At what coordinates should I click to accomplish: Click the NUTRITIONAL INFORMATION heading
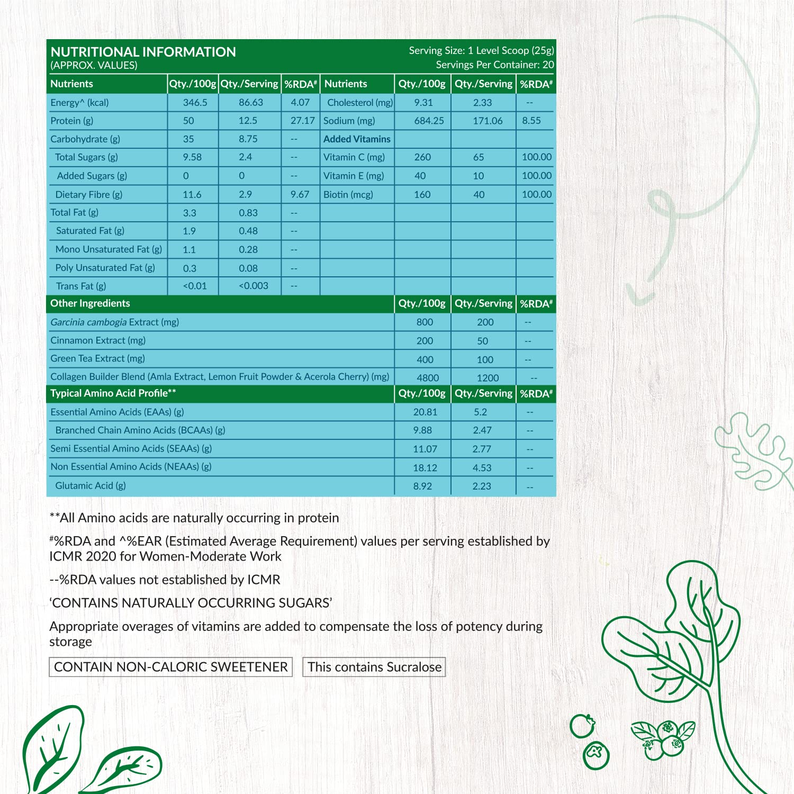(x=143, y=52)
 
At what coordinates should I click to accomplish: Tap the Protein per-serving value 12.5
(x=248, y=121)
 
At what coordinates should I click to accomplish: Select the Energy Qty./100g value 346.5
(x=195, y=103)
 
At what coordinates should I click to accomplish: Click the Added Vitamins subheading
(x=357, y=139)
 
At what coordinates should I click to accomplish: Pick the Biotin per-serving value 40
(x=479, y=195)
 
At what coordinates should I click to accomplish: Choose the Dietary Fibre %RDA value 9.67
(x=300, y=195)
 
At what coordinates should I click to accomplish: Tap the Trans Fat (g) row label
(x=81, y=286)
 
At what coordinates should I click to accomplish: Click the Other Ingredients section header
(x=90, y=303)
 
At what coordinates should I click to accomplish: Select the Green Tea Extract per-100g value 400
(x=425, y=360)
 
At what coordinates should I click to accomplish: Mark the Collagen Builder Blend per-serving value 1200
(x=488, y=378)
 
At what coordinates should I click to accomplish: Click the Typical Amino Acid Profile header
(x=113, y=393)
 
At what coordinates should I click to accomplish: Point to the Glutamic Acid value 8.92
(x=422, y=486)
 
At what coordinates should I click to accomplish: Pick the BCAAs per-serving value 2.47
(x=482, y=430)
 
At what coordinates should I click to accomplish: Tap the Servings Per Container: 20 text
(x=494, y=65)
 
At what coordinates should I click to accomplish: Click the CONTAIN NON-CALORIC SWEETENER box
(x=170, y=667)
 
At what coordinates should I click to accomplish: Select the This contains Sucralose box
(x=374, y=667)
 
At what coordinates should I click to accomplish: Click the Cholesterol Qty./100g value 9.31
(x=423, y=103)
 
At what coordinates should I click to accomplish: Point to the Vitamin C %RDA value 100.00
(x=537, y=157)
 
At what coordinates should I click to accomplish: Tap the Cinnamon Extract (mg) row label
(x=98, y=340)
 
